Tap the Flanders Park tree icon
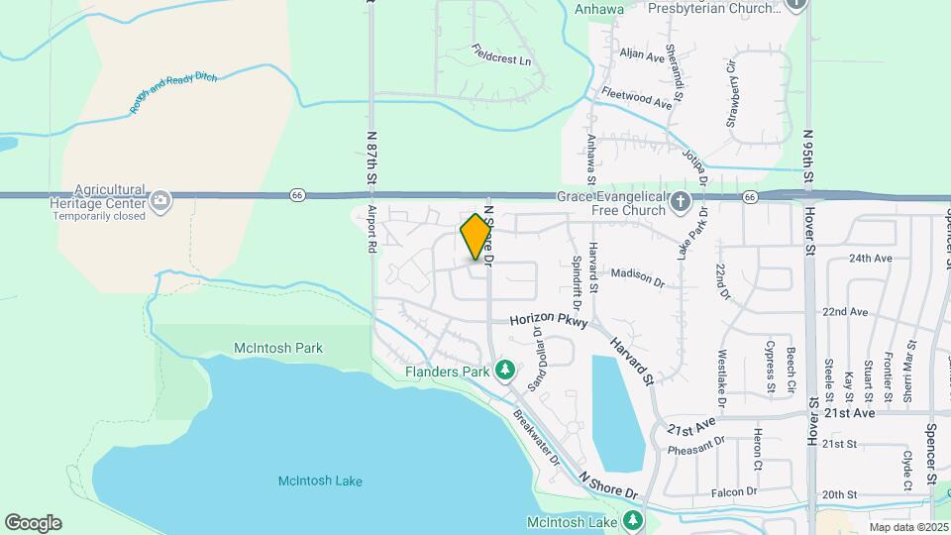(x=505, y=370)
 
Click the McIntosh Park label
(x=278, y=348)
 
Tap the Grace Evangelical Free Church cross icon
(x=680, y=203)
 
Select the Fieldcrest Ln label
(x=501, y=54)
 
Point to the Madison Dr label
(x=637, y=274)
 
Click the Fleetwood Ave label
(x=637, y=99)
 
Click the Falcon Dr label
(x=733, y=491)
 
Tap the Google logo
(x=33, y=522)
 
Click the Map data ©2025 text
(x=908, y=527)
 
